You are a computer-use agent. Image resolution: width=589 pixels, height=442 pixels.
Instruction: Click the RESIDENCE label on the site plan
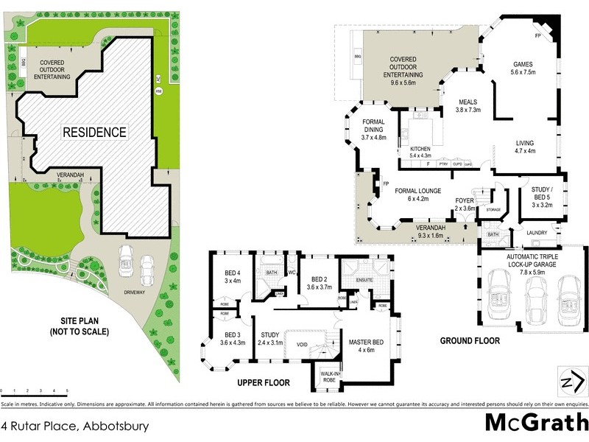[94, 133]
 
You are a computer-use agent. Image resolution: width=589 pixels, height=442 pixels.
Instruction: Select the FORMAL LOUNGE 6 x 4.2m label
[417, 194]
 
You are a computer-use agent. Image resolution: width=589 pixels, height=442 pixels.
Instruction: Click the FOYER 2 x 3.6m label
[464, 204]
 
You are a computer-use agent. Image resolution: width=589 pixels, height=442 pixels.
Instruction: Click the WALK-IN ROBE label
[328, 377]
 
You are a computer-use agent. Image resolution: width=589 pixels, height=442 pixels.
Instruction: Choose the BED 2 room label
[319, 283]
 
